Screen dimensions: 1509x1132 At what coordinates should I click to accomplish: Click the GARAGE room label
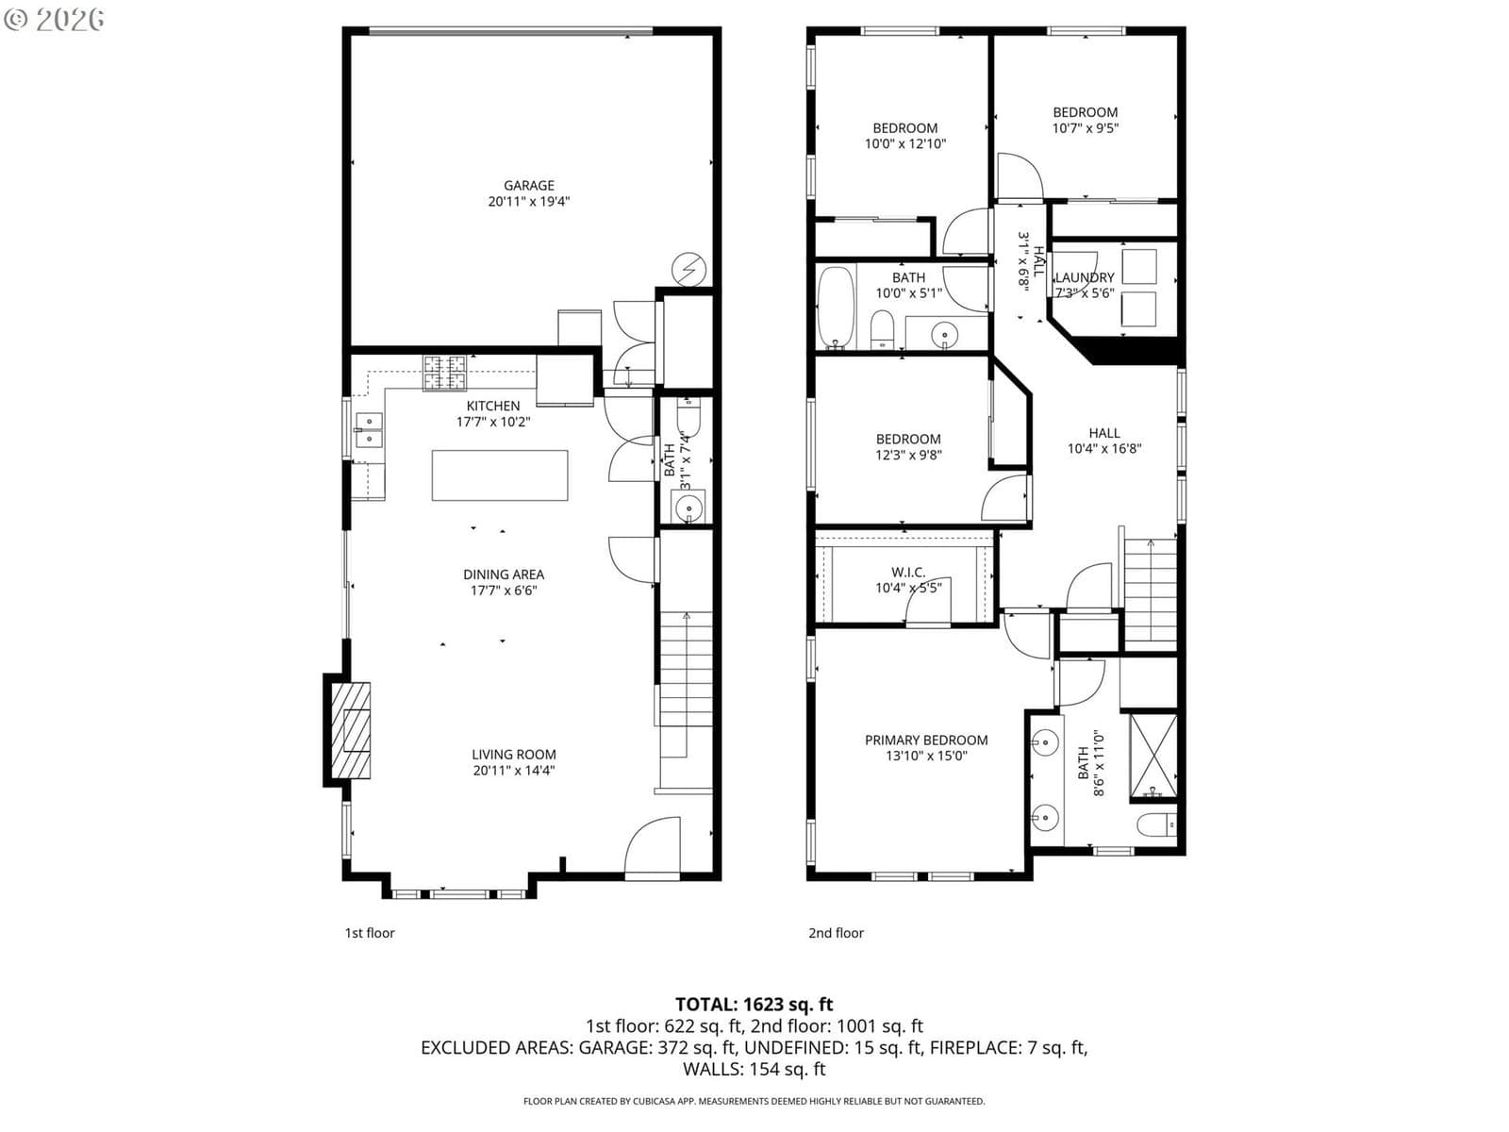pos(528,185)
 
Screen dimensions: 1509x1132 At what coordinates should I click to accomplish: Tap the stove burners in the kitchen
pos(444,374)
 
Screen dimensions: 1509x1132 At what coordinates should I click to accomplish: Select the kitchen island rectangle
pos(500,474)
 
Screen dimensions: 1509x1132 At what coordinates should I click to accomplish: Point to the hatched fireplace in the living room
pos(351,730)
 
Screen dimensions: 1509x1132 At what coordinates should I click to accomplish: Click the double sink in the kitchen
pos(369,429)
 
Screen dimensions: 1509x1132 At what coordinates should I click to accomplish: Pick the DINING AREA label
pos(504,574)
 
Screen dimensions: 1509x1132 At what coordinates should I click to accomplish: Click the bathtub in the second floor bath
pos(836,308)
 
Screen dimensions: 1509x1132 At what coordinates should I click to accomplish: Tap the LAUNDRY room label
pos(1085,277)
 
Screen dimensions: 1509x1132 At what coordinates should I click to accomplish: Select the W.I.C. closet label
pos(908,571)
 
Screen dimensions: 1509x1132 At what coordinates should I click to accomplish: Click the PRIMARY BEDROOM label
pos(926,740)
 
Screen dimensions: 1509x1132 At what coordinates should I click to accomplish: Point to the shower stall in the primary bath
pos(1153,757)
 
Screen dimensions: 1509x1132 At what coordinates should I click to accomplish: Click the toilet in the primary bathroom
pos(1157,824)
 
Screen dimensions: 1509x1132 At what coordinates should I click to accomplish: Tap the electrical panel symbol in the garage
pos(688,270)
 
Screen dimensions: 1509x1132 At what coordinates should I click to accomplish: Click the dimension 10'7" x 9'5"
pos(1085,128)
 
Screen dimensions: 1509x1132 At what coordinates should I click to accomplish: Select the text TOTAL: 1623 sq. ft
pos(754,1004)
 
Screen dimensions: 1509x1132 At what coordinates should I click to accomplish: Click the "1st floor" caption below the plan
pos(370,933)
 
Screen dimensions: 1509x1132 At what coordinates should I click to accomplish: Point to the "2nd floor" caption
pos(836,933)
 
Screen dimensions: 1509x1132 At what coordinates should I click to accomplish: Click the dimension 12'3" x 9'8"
pos(908,455)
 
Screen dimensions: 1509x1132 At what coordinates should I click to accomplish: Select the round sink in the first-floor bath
pos(688,508)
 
